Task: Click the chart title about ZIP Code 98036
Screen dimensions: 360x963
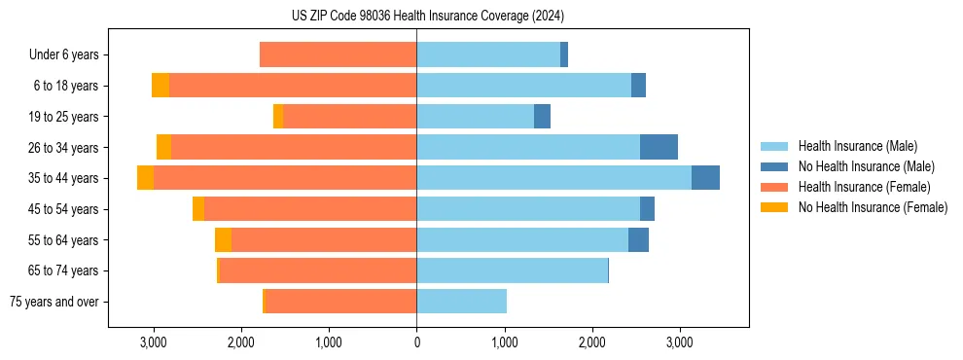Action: (x=428, y=17)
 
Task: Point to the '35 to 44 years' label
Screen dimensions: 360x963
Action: (x=63, y=178)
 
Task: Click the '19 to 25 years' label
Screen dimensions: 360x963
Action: (x=63, y=117)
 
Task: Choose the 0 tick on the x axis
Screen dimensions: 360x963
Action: (x=416, y=342)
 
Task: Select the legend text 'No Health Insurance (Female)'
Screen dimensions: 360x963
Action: (x=873, y=207)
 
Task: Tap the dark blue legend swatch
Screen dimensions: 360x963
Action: (x=774, y=166)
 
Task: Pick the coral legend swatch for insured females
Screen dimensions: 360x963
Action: (x=774, y=187)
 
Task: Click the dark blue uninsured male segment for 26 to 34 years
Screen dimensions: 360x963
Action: (x=659, y=147)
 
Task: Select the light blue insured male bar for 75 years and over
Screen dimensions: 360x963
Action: (x=461, y=302)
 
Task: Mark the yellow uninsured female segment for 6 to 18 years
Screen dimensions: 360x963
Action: (x=160, y=86)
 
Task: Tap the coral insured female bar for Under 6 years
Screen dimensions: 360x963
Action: (x=338, y=55)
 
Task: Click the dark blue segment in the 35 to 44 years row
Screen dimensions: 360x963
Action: (x=705, y=178)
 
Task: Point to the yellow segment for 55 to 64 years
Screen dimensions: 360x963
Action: (x=223, y=239)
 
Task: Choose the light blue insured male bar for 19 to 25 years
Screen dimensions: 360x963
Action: (x=475, y=117)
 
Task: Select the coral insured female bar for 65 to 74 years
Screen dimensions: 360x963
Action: (x=318, y=270)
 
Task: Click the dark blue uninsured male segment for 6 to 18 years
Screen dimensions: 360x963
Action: (x=638, y=86)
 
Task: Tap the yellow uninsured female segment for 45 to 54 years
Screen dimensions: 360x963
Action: (x=198, y=209)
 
